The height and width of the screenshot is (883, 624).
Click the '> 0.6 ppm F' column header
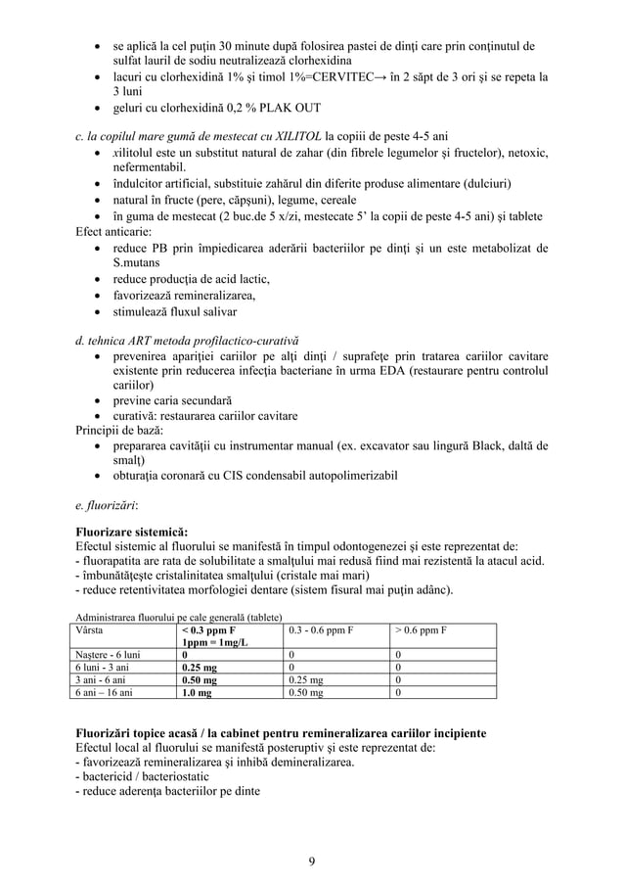click(x=422, y=630)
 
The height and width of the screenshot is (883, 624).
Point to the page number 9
click(x=311, y=861)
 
